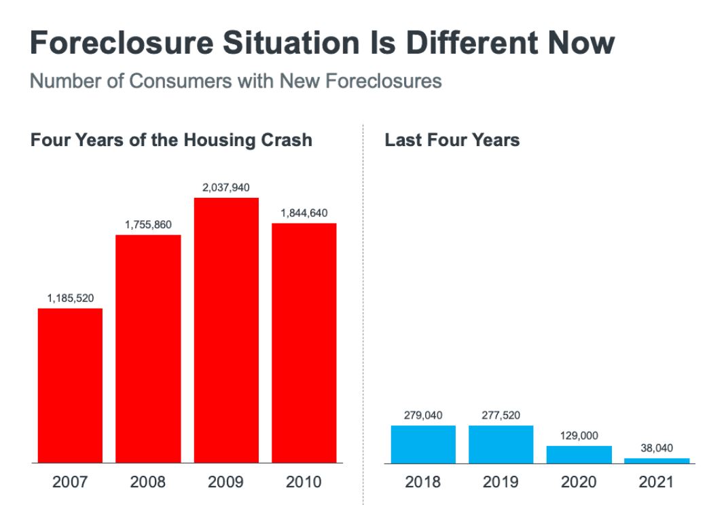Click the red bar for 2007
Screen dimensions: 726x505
[x=70, y=385]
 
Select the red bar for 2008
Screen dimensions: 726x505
[x=148, y=349]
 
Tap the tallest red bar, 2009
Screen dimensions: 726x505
[x=226, y=330]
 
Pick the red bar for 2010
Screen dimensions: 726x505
[x=304, y=343]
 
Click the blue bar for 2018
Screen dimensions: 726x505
[x=423, y=445]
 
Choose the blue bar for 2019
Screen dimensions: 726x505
[x=501, y=445]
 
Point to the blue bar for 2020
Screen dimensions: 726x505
[x=579, y=455]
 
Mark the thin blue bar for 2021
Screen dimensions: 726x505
[x=657, y=461]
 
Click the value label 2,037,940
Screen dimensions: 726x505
[x=226, y=188]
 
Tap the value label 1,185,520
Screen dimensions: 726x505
[x=71, y=298]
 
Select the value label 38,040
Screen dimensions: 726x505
[x=657, y=448]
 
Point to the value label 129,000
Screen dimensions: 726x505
[x=579, y=436]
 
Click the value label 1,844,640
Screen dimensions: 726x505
[x=304, y=213]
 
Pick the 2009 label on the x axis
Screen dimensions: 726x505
[x=225, y=482]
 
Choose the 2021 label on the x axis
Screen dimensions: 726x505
[x=657, y=482]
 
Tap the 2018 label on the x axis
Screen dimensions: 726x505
[x=422, y=482]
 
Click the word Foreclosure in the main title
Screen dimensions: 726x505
[x=122, y=43]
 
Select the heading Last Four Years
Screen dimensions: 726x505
[x=452, y=140]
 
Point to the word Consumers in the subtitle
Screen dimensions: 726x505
[x=181, y=81]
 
